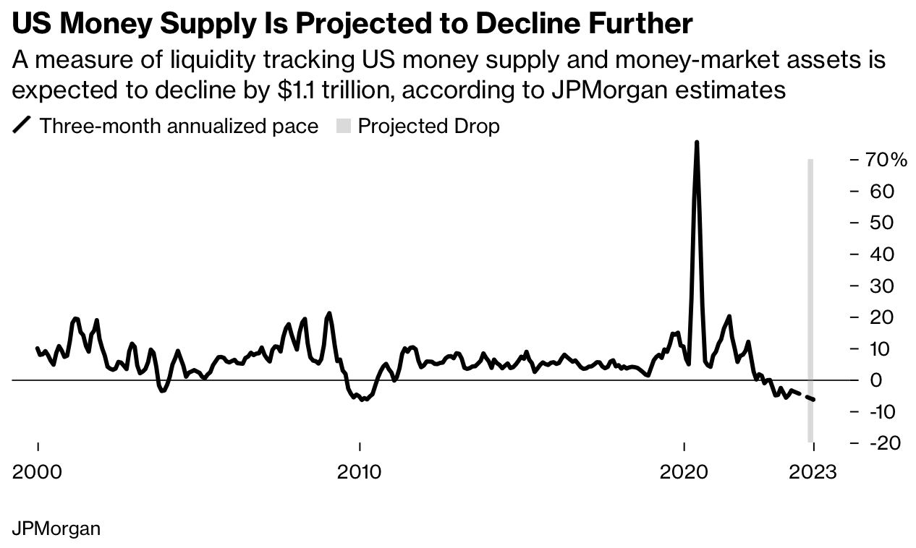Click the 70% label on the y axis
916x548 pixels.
coord(886,160)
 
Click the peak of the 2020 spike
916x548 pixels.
coord(696,142)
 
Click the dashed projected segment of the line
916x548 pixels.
coord(805,396)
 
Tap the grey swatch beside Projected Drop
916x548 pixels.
coord(343,127)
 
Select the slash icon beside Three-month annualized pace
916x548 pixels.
coord(22,127)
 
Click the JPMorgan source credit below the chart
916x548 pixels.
coord(56,528)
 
